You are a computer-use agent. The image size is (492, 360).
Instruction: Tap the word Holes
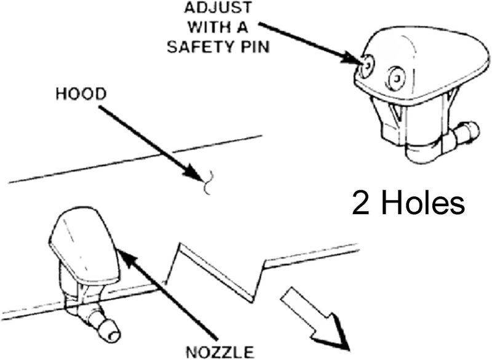[x=424, y=203]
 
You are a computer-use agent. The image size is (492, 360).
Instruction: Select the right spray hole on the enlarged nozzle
[x=395, y=77]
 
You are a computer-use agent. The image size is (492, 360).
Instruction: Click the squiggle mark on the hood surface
[x=209, y=182]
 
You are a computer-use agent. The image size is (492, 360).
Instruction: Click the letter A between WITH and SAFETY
[x=246, y=28]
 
